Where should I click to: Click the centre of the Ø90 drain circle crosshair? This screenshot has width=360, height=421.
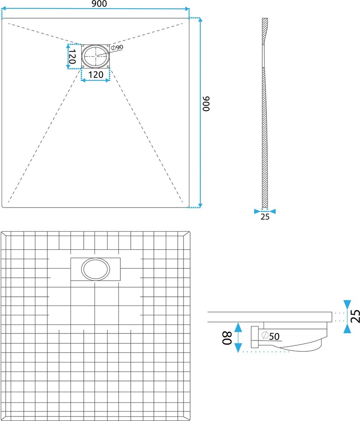(96, 56)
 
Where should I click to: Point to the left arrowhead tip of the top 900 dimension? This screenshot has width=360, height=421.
(2, 9)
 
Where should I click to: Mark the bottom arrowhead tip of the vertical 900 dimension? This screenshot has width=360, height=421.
(200, 208)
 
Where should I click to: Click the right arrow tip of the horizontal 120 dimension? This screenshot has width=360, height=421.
(110, 80)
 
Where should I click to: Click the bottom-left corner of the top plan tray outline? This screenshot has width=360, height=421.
(2, 207)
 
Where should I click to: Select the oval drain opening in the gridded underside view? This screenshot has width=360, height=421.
(96, 269)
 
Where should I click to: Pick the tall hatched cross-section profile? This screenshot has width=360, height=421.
(264, 113)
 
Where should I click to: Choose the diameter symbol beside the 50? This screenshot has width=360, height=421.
(265, 335)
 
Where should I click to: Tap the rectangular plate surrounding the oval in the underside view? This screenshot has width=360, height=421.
(96, 269)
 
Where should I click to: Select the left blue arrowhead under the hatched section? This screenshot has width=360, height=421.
(257, 212)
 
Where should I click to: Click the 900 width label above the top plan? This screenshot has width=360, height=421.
(99, 4)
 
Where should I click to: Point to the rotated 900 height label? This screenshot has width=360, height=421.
(206, 104)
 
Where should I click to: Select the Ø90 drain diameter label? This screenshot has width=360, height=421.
(117, 47)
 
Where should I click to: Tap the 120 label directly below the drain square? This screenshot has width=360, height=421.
(96, 74)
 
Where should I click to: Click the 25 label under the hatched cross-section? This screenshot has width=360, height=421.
(265, 217)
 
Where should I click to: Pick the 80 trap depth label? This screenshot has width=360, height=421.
(227, 338)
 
